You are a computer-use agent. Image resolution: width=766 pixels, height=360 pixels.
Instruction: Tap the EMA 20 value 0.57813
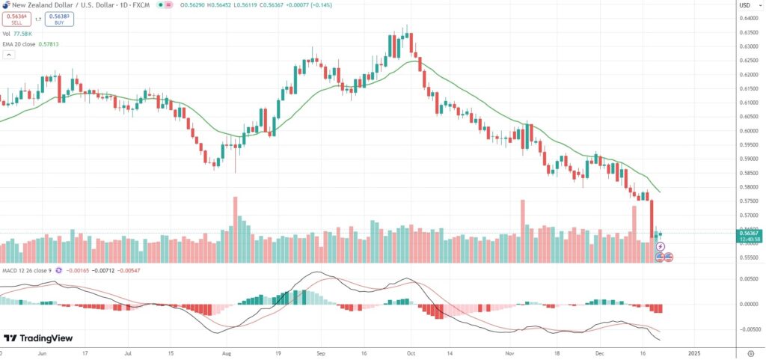57,44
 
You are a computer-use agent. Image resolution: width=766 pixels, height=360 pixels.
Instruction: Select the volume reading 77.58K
23,34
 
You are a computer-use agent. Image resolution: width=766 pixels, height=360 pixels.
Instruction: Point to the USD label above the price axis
745,5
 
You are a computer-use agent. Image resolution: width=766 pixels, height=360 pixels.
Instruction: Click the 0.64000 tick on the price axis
747,19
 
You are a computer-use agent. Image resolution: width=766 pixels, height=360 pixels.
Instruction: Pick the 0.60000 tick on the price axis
747,130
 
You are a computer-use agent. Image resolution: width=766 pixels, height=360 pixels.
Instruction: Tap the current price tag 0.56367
747,232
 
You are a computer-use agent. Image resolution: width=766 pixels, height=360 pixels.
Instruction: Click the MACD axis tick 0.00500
747,278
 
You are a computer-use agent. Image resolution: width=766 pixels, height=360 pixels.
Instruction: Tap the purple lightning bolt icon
661,246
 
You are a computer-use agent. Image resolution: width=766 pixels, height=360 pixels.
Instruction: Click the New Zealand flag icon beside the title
5,6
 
